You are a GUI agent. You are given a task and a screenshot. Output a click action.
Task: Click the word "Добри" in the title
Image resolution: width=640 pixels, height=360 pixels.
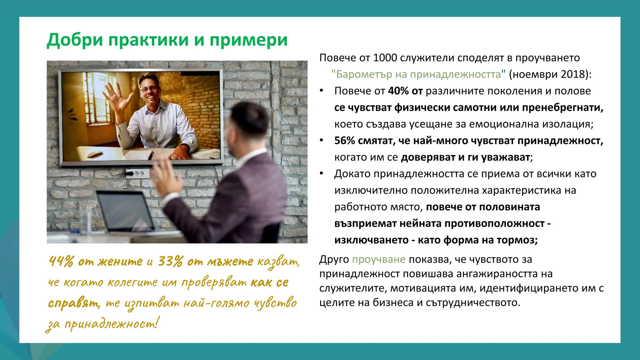(x=75, y=40)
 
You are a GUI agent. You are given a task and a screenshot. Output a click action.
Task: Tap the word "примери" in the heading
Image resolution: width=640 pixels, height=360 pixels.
(x=248, y=40)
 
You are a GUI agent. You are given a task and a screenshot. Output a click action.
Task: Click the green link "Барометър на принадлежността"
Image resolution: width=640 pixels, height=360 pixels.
(x=418, y=74)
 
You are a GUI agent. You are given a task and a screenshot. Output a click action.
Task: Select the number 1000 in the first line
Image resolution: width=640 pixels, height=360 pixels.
(x=385, y=58)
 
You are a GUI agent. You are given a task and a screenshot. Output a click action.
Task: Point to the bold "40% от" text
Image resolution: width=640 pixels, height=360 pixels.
(x=405, y=91)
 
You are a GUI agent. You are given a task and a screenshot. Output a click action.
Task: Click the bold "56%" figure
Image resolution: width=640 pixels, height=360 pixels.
(x=344, y=141)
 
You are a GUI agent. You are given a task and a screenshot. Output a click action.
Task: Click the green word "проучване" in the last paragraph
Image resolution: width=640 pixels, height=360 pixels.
(x=379, y=259)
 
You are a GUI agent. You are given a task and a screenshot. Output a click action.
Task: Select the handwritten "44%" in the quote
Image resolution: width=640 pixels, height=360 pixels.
(x=62, y=261)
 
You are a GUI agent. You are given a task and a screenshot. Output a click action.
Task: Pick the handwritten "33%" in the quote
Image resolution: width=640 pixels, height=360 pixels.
(x=170, y=261)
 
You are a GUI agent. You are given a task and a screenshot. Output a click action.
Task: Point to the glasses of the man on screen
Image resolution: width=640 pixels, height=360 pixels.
(x=148, y=89)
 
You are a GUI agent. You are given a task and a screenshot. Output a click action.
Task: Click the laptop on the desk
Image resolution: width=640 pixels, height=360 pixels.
(x=125, y=212)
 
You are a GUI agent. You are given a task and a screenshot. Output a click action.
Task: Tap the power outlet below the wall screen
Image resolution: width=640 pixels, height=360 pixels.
(x=137, y=173)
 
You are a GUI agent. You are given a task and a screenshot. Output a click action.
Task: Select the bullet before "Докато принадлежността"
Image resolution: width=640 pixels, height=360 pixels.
(x=321, y=174)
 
